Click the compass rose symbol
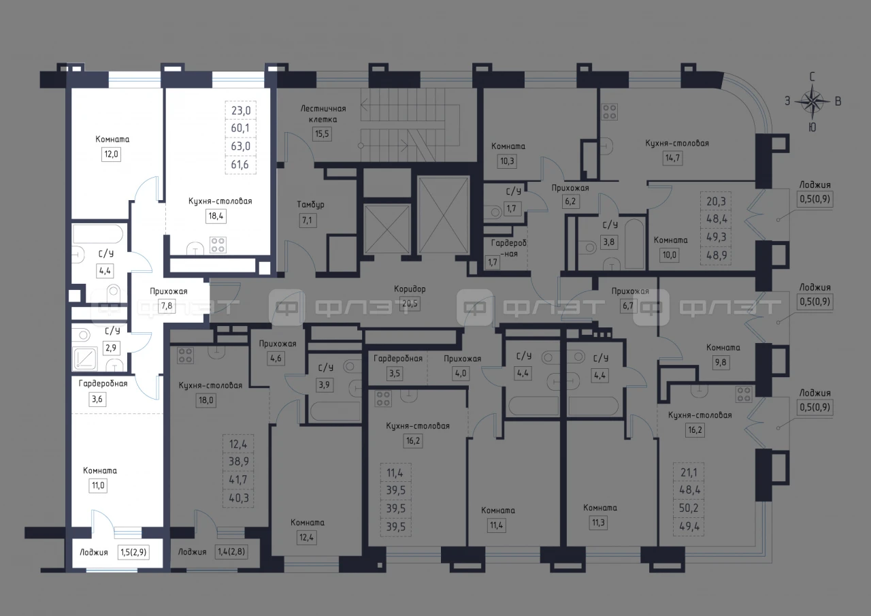click(812, 101)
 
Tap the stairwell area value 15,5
click(322, 134)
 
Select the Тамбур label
click(310, 205)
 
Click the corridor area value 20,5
click(410, 304)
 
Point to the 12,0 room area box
click(111, 155)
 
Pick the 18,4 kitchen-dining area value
click(216, 216)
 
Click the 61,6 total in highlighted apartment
click(240, 165)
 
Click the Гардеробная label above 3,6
click(103, 384)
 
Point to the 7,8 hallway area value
click(167, 306)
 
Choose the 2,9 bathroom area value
click(111, 347)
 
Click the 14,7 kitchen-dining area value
click(673, 158)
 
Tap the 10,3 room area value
click(507, 161)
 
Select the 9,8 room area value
click(721, 362)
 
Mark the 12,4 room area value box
click(306, 538)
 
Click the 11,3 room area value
click(598, 523)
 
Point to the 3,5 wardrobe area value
click(394, 373)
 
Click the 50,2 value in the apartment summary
click(689, 508)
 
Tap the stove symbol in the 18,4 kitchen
click(218, 245)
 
